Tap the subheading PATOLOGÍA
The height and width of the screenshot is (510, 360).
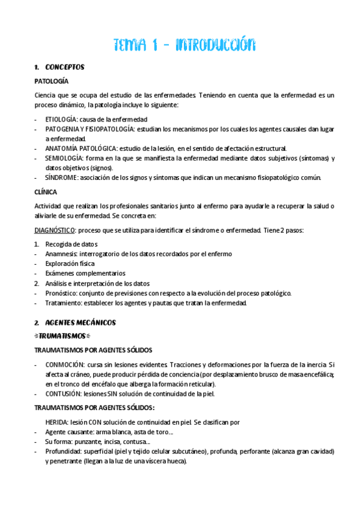pos(52,81)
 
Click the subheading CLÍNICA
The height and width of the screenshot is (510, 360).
pos(46,192)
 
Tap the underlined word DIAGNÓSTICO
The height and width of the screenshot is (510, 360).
pos(55,230)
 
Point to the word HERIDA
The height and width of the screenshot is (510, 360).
pos(56,422)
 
